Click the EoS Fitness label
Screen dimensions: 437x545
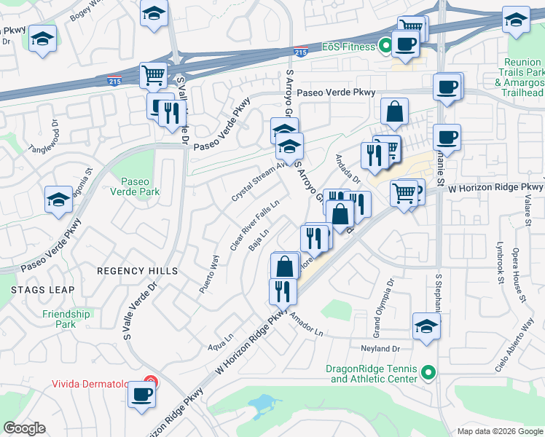[x=350, y=47]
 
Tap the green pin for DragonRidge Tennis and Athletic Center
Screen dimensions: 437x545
[x=429, y=374]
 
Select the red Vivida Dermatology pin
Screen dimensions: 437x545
[x=150, y=382]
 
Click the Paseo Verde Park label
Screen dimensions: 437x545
[x=134, y=186]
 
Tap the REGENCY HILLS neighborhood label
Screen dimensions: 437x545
[x=138, y=271]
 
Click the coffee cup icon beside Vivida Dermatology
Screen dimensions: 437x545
[x=141, y=395]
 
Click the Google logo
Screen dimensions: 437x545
[x=25, y=428]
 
